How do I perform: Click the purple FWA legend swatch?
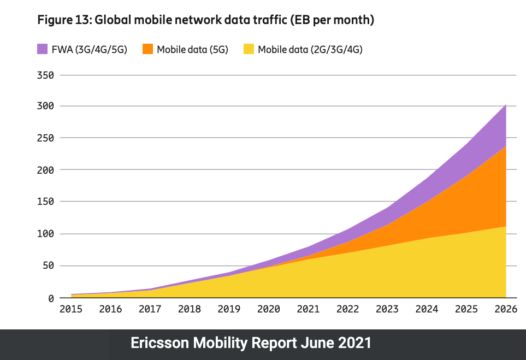[43, 49]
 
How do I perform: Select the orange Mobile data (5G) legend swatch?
[147, 49]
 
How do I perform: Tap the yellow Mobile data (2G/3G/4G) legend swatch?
[249, 49]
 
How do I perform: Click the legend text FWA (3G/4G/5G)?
[90, 50]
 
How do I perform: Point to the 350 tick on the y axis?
[45, 75]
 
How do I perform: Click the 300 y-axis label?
[45, 107]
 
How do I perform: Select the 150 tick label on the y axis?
[45, 202]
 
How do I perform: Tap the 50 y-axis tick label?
[48, 266]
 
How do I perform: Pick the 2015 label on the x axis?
[71, 309]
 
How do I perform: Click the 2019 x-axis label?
[229, 309]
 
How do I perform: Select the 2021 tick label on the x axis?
[308, 309]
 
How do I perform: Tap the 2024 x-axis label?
[427, 309]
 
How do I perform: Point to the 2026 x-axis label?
[505, 309]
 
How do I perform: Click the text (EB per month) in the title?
[332, 20]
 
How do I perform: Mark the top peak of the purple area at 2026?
[506, 104]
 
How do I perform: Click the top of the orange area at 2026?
[506, 146]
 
